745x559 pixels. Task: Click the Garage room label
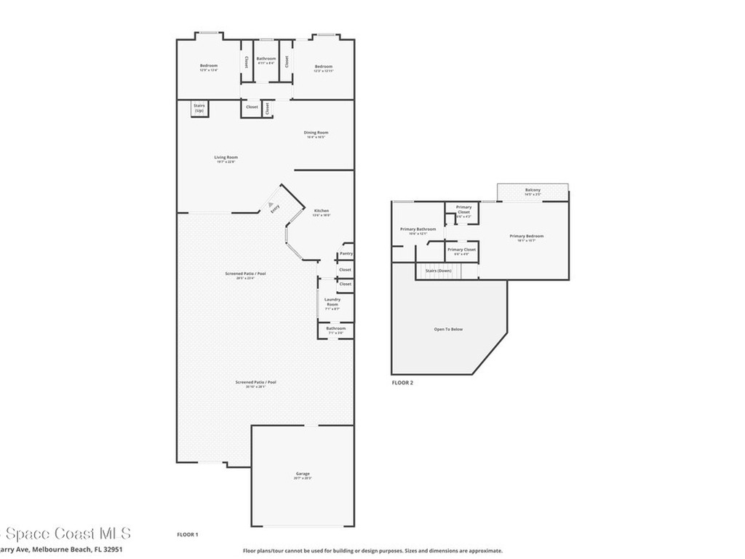(x=303, y=474)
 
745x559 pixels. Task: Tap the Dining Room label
(x=316, y=132)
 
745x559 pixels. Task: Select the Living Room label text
(x=226, y=157)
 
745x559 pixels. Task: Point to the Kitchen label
(x=321, y=211)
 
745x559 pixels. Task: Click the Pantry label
(x=346, y=254)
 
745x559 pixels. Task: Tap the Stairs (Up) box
(x=199, y=108)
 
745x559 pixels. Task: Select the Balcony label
(x=533, y=191)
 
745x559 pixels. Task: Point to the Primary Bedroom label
(x=526, y=236)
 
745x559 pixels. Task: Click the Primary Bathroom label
(x=418, y=229)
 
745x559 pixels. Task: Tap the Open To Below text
(x=448, y=329)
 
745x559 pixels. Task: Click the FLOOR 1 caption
(x=188, y=535)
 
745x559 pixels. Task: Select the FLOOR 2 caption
(x=402, y=382)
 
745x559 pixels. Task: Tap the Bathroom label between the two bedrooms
(x=266, y=58)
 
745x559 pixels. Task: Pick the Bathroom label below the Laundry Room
(x=335, y=328)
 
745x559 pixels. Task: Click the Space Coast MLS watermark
(x=65, y=534)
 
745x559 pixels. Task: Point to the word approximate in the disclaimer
(x=484, y=551)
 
